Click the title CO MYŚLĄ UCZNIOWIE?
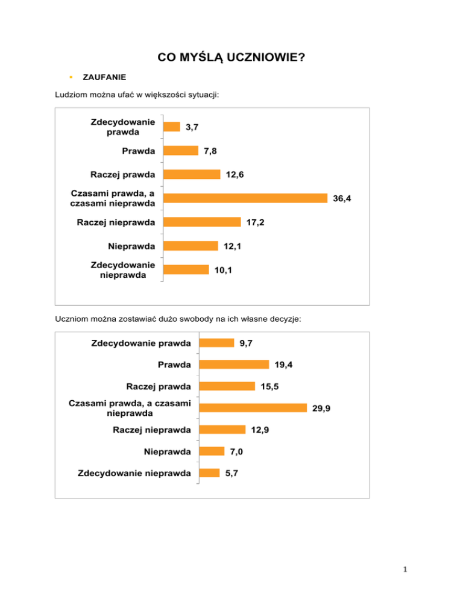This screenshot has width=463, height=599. (x=231, y=58)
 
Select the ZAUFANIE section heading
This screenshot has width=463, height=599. (x=104, y=78)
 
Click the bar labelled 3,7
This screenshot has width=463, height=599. (x=172, y=127)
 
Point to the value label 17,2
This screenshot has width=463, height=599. (x=255, y=222)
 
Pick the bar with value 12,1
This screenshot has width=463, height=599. (x=191, y=246)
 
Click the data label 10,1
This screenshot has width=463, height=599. (x=223, y=271)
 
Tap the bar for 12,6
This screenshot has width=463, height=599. (x=192, y=174)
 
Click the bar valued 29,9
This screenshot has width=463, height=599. (x=253, y=407)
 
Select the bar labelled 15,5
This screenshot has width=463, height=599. (x=227, y=386)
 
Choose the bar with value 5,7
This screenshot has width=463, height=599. (x=210, y=473)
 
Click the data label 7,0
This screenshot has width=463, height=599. (x=236, y=451)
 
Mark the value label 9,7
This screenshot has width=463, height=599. (x=245, y=343)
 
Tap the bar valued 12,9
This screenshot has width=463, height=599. (x=222, y=430)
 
